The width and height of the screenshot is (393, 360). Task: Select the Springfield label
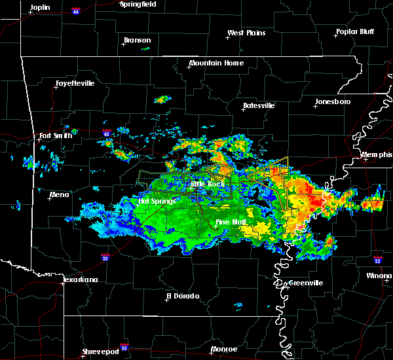(x=139, y=4)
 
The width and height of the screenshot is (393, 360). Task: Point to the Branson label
(x=137, y=41)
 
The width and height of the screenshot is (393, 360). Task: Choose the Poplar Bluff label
(x=357, y=31)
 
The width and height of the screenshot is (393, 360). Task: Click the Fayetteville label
(x=75, y=84)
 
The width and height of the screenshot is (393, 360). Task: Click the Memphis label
(x=378, y=155)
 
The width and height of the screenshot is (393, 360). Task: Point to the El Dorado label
(x=182, y=296)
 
